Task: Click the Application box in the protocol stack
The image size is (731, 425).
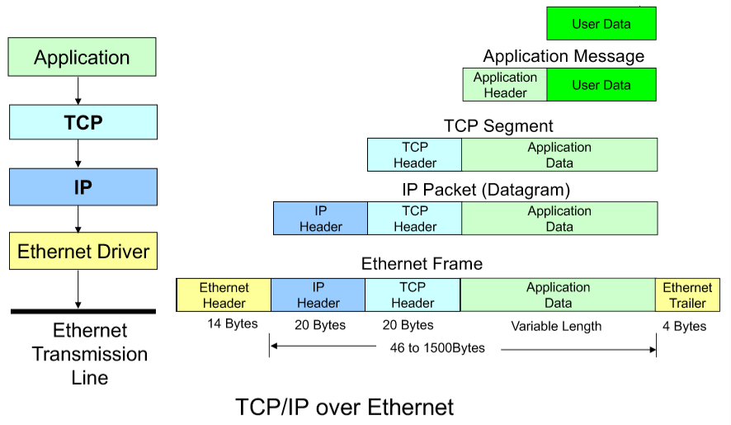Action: (x=83, y=58)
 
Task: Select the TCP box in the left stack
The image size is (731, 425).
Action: (x=83, y=122)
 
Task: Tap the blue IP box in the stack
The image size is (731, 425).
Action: (x=83, y=187)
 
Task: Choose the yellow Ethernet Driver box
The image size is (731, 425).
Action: (x=83, y=251)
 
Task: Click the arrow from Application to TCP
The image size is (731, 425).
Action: (x=78, y=90)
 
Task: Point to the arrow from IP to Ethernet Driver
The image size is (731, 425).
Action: (x=78, y=219)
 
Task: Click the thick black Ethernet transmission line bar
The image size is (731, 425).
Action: (x=83, y=311)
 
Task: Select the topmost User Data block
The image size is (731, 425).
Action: (x=601, y=24)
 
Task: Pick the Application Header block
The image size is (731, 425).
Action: (x=505, y=85)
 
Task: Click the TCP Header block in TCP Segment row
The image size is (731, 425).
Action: (x=414, y=155)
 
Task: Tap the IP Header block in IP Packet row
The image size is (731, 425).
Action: (x=320, y=219)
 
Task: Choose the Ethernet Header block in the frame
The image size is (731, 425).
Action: (x=224, y=295)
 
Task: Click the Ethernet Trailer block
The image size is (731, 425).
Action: (x=687, y=295)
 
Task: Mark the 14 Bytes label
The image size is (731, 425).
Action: (x=232, y=324)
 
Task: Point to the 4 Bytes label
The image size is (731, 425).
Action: (x=684, y=326)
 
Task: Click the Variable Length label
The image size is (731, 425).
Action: (x=556, y=326)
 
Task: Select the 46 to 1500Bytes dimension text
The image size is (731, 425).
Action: (x=437, y=348)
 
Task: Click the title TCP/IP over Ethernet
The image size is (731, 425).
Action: (x=344, y=407)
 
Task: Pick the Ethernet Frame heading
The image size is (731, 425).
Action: (x=422, y=264)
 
